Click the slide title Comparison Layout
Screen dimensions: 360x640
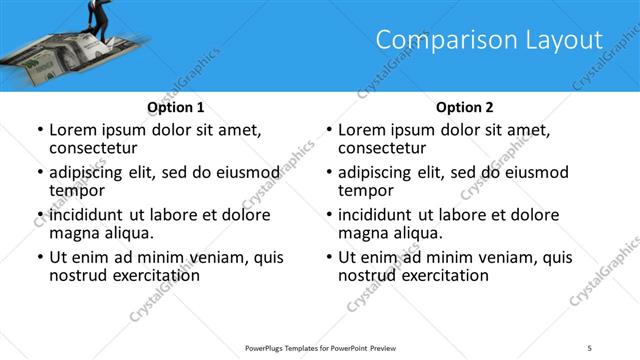click(489, 40)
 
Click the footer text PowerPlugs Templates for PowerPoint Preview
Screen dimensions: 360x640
click(320, 347)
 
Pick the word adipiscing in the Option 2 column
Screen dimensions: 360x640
click(377, 172)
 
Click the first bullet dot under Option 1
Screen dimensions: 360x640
click(39, 130)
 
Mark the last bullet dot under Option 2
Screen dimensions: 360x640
click(328, 257)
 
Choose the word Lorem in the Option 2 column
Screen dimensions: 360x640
click(360, 130)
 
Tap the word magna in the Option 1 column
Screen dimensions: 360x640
click(73, 233)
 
